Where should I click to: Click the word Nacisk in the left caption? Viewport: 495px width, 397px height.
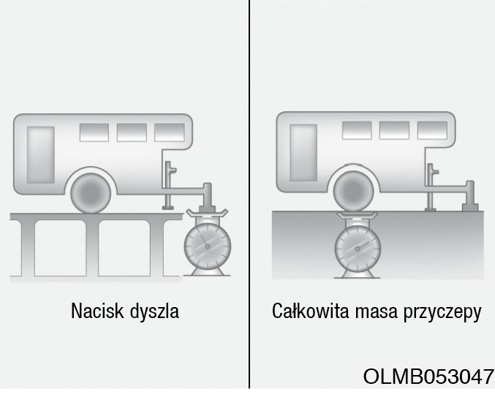point(97,311)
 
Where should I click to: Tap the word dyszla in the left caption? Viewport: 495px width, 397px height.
point(154,311)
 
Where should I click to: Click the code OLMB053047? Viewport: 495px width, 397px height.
point(428,377)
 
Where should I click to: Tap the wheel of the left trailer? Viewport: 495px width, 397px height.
point(91,193)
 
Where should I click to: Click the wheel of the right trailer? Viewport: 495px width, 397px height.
point(354,192)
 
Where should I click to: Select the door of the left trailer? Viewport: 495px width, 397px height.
point(41,155)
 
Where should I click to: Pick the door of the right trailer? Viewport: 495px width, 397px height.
point(303,152)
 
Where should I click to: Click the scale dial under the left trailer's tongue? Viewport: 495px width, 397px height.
point(208,246)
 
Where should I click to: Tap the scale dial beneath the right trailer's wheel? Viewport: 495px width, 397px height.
point(358,249)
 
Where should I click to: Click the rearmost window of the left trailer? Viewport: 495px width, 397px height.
point(94,132)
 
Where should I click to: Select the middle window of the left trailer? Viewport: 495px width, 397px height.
point(132,132)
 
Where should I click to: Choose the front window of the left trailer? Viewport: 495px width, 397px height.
point(170,132)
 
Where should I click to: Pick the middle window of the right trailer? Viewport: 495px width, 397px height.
point(394,130)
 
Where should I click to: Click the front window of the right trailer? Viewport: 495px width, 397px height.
point(432,130)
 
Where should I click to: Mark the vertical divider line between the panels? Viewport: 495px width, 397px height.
point(249,194)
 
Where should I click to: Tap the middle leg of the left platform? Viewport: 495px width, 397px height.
point(92,248)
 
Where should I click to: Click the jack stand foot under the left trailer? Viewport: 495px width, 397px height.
point(167,208)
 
